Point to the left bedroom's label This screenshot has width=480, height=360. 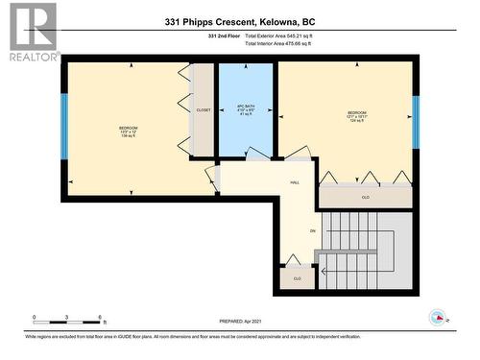pos(128,132)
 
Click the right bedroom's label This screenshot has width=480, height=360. pos(356,116)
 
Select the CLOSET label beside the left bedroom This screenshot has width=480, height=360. pos(203,110)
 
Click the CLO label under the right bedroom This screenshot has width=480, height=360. pos(365,198)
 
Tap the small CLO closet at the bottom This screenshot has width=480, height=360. pos(298,279)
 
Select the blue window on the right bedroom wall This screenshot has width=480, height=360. pos(416,122)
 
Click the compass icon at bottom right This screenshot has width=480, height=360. pos(437,317)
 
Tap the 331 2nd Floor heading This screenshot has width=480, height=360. pos(227,36)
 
